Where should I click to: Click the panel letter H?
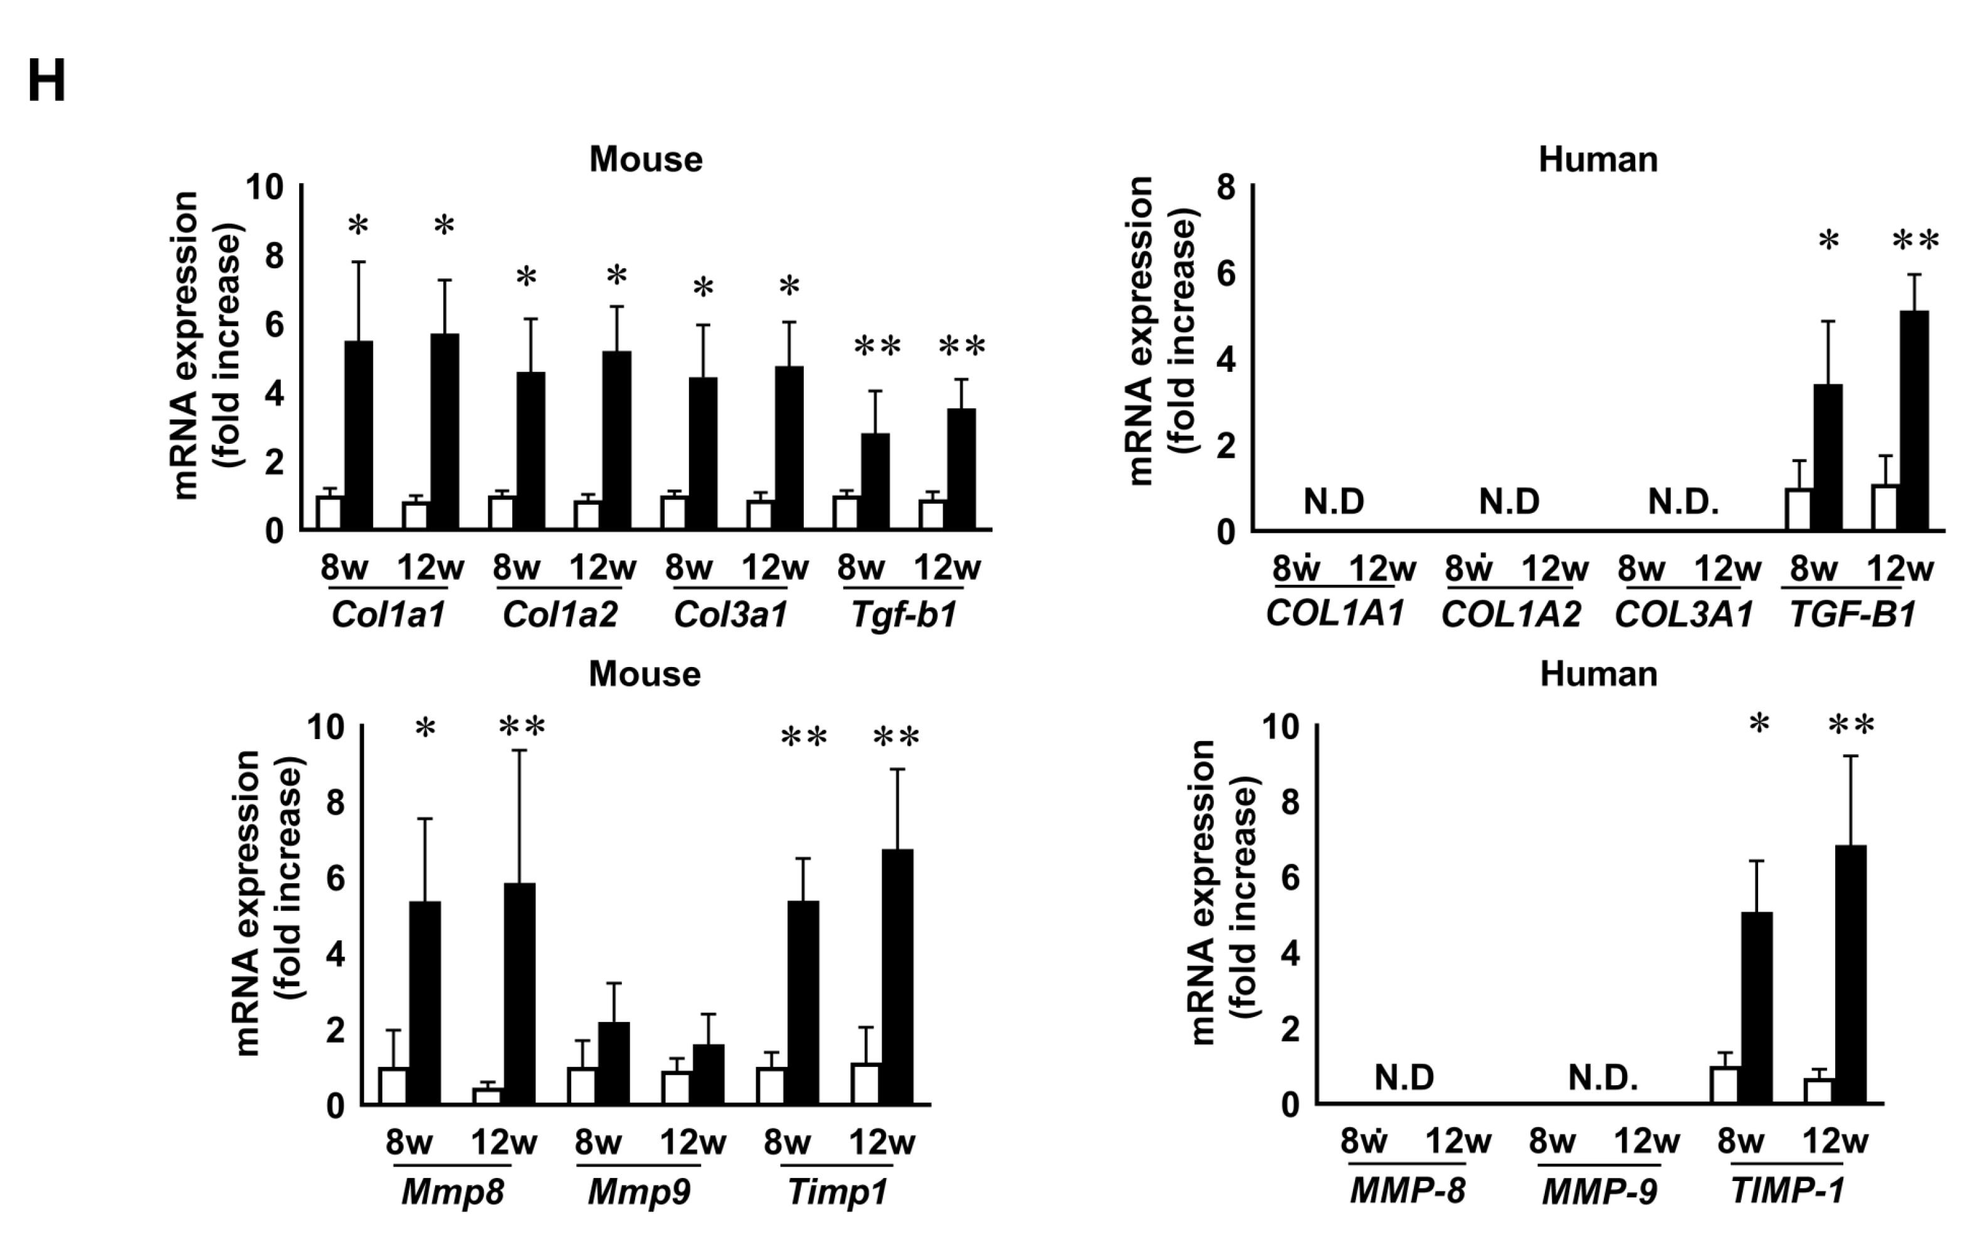click(x=46, y=83)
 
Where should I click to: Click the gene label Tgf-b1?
click(x=903, y=615)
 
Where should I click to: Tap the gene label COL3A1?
click(x=1683, y=615)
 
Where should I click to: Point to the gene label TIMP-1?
click(x=1787, y=1192)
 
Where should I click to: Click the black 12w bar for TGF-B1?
click(x=1914, y=420)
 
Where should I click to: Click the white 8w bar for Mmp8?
click(x=393, y=1086)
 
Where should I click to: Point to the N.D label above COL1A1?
click(x=1333, y=502)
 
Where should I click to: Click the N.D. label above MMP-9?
click(x=1603, y=1078)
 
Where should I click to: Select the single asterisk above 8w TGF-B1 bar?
click(x=1828, y=243)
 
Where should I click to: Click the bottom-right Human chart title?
click(x=1598, y=675)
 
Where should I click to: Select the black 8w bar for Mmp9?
click(x=614, y=1063)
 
